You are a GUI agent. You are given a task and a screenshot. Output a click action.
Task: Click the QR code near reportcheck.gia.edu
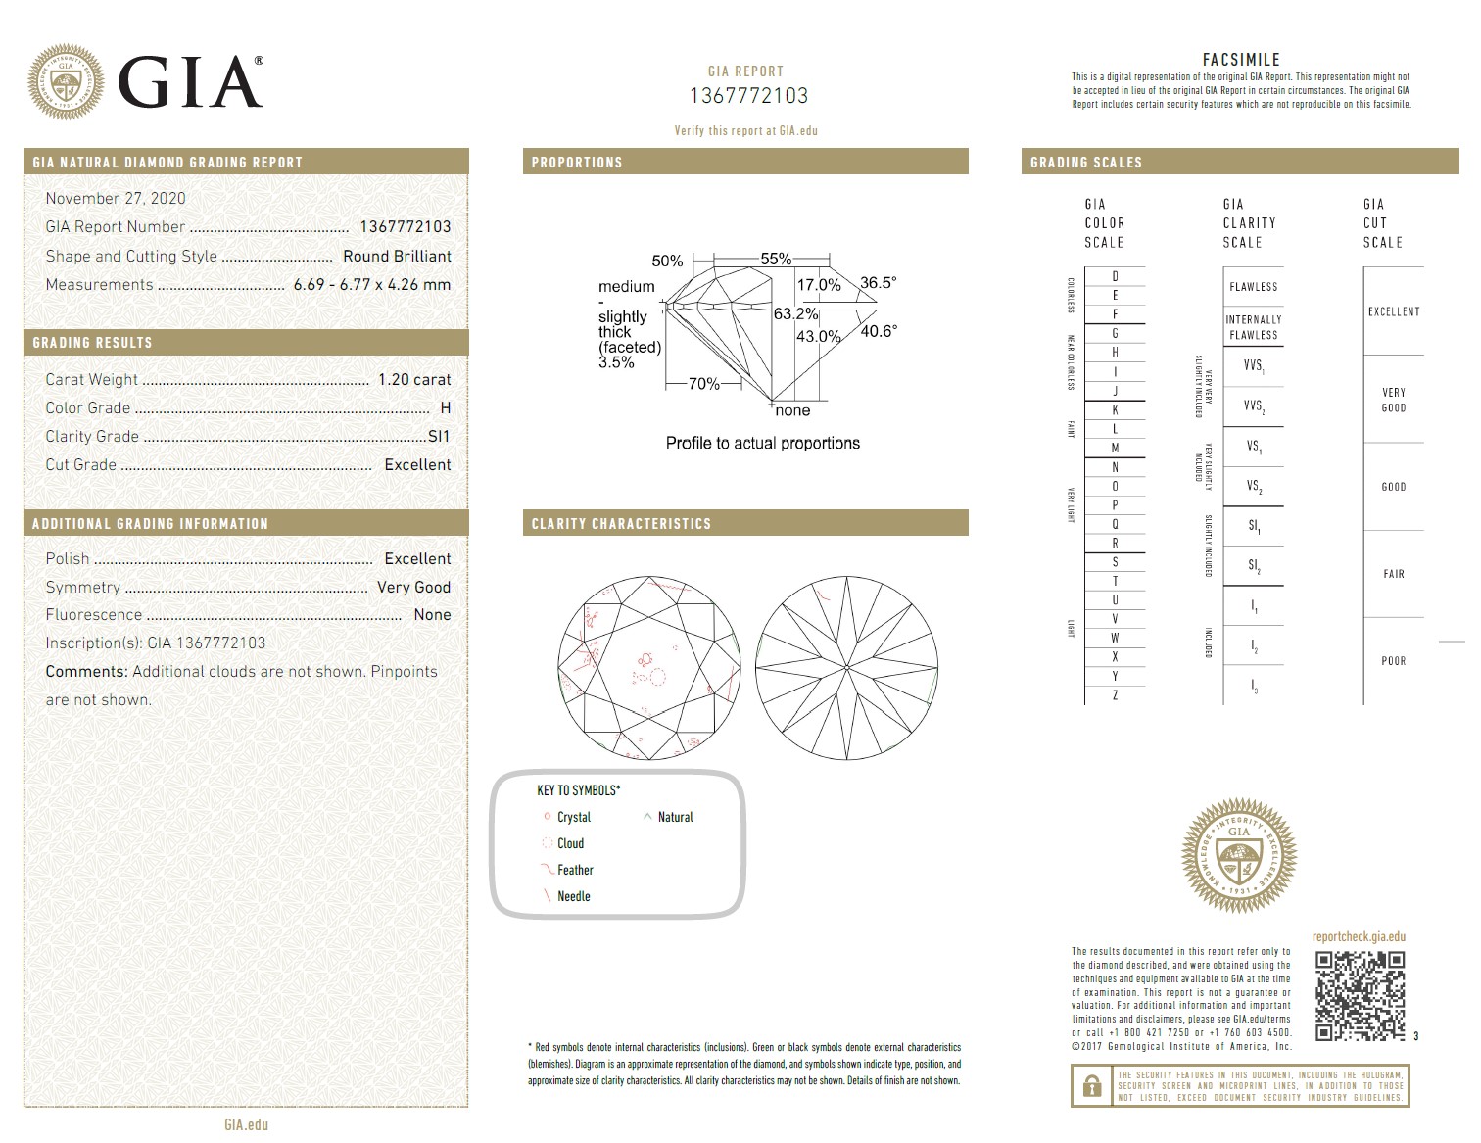click(x=1360, y=995)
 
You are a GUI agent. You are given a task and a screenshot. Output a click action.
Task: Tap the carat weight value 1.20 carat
click(x=414, y=380)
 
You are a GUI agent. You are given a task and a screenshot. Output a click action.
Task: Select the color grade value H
click(x=446, y=408)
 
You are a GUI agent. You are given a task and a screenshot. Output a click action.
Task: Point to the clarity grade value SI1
click(x=438, y=437)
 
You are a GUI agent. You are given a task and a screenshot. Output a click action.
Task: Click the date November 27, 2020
click(x=116, y=198)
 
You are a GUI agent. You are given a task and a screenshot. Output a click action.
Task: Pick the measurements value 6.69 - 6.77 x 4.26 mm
click(x=372, y=285)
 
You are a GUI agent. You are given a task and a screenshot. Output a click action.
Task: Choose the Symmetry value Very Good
click(x=413, y=588)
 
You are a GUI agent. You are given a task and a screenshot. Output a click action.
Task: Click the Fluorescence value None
click(x=432, y=615)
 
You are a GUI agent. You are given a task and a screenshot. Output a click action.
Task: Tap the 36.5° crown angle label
click(x=878, y=283)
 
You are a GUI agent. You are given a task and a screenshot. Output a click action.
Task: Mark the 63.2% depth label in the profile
click(x=795, y=314)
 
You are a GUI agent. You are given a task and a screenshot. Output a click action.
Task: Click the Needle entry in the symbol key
click(x=573, y=896)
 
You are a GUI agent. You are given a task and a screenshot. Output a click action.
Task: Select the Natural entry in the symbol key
click(x=675, y=817)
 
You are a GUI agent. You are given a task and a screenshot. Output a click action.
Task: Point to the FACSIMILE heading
click(x=1241, y=60)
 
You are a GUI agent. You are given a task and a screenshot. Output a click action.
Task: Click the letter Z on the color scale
click(x=1115, y=695)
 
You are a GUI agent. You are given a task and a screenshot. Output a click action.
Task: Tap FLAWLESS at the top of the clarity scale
click(x=1253, y=287)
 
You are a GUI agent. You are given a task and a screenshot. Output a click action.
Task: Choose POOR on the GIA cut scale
click(x=1393, y=661)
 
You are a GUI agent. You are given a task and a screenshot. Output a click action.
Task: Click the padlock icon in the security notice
click(x=1089, y=1086)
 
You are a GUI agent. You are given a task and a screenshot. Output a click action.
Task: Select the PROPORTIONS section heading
click(x=577, y=163)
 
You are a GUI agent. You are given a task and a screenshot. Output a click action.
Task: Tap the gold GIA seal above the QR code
click(x=1239, y=856)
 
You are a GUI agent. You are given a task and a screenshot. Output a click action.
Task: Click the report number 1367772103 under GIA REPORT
click(x=748, y=96)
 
